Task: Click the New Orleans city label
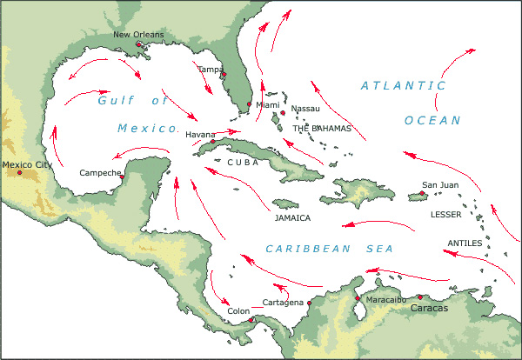pos(137,35)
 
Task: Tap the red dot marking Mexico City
pos(19,172)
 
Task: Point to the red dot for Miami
pos(250,105)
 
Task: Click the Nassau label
pos(305,109)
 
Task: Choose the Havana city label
pos(199,135)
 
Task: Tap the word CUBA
pos(243,162)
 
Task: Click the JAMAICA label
pos(292,218)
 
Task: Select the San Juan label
pos(439,184)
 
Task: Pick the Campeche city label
pos(100,172)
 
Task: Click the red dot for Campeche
pos(122,177)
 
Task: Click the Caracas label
pos(430,308)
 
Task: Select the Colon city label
pos(238,310)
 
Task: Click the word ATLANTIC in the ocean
pos(403,85)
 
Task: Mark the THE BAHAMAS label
pos(322,128)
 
